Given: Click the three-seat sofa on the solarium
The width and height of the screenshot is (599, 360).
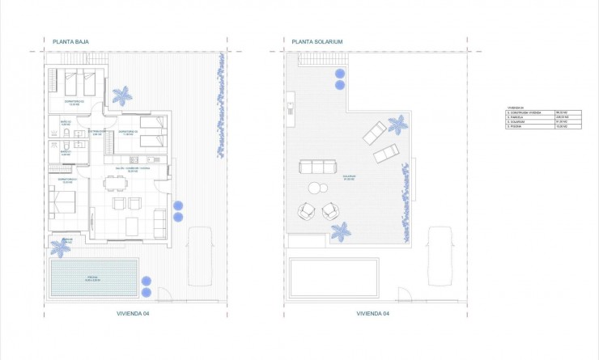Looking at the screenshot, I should (x=317, y=167).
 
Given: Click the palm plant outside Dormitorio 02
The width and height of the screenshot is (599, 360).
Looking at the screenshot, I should (x=122, y=96).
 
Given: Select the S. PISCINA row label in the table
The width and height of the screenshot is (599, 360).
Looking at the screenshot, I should (x=514, y=127).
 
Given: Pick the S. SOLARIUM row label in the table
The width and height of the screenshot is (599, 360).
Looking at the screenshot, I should (x=516, y=122).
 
